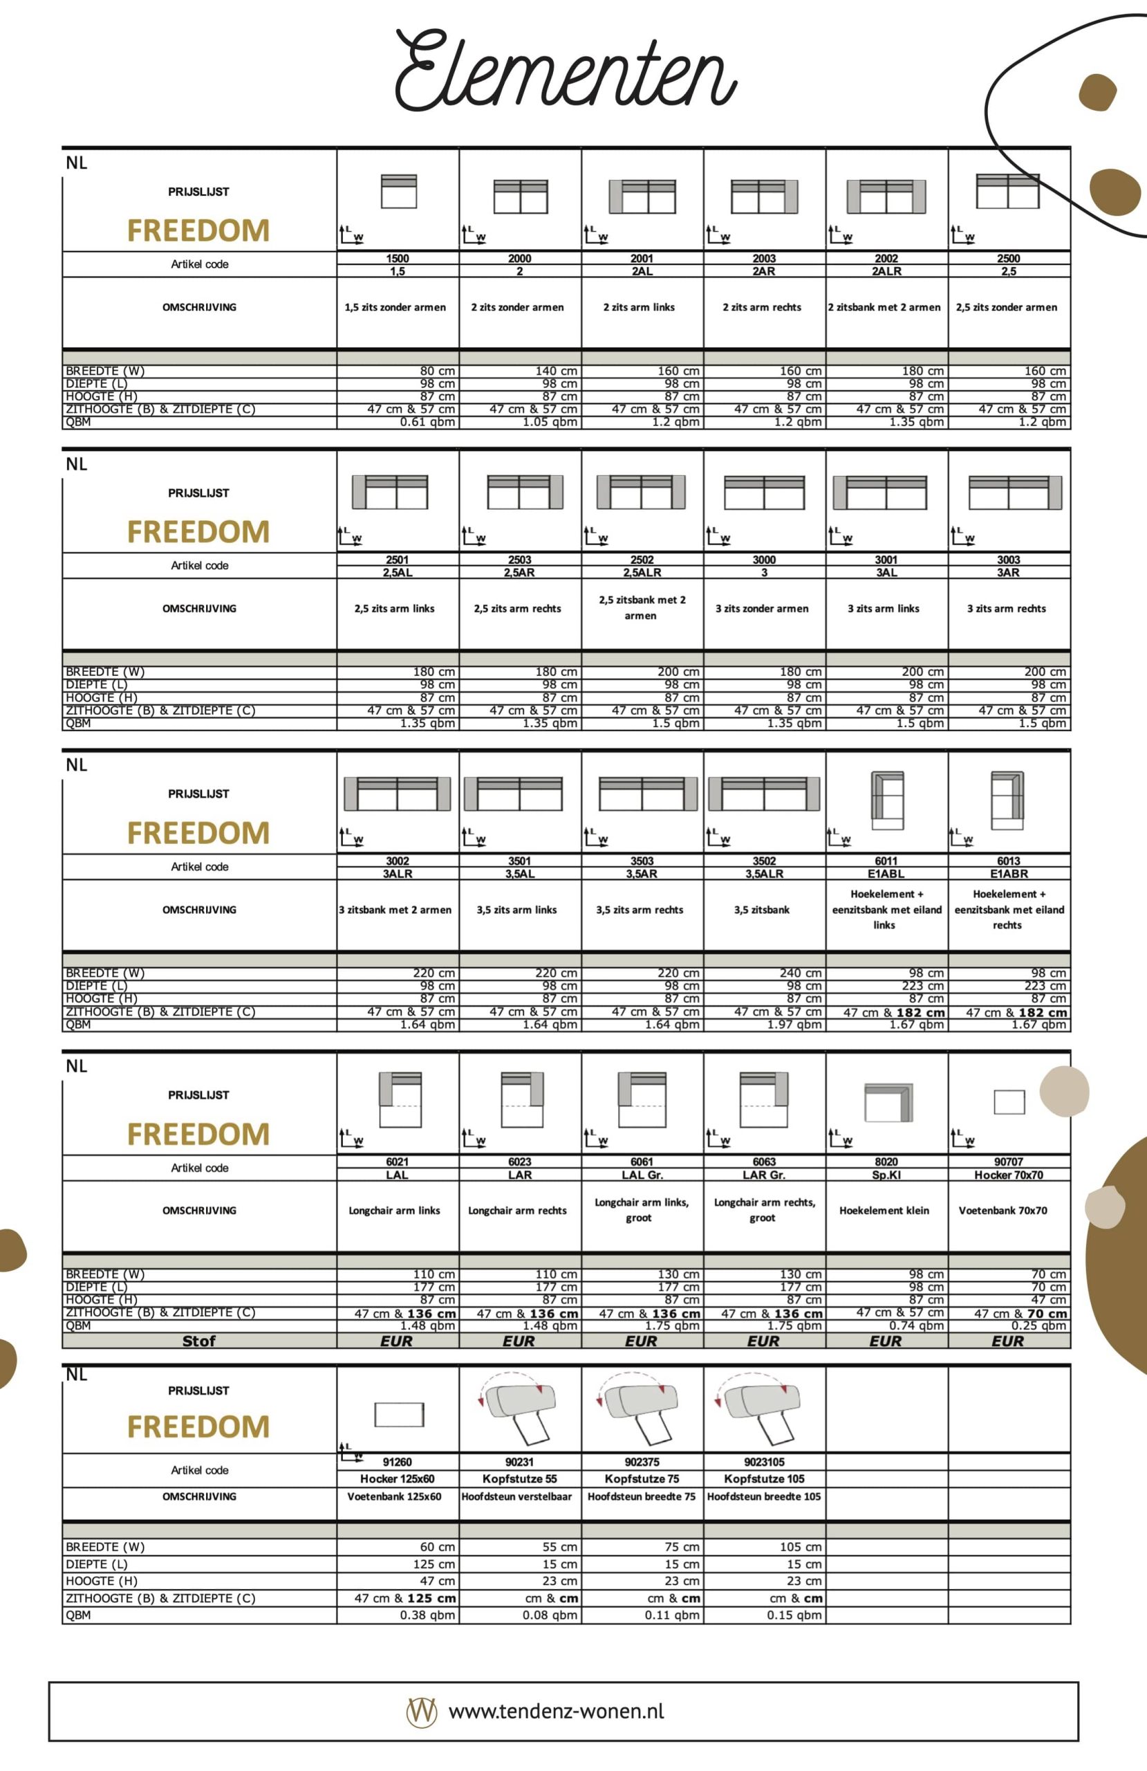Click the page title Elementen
(566, 71)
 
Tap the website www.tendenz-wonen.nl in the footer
(557, 1712)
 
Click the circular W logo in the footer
(422, 1712)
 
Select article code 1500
(398, 258)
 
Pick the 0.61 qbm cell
(428, 423)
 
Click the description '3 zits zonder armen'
(762, 609)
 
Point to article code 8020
(886, 1162)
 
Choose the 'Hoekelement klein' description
(884, 1211)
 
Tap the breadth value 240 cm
(801, 973)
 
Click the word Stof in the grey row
(198, 1341)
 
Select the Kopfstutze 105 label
(764, 1478)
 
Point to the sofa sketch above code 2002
(886, 196)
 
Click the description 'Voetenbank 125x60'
(394, 1496)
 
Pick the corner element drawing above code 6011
(888, 800)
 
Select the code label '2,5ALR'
(642, 573)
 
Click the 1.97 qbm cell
(794, 1025)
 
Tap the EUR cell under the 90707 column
(1008, 1341)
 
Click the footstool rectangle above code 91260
(399, 1414)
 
